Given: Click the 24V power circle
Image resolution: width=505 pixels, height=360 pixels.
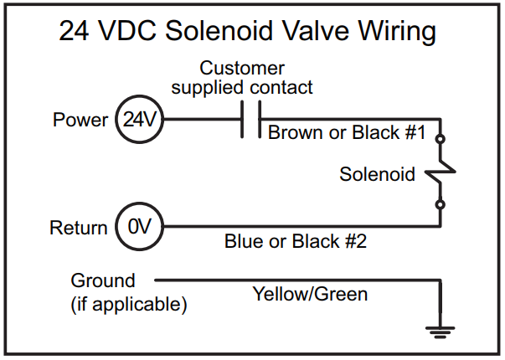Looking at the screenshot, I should pyautogui.click(x=139, y=120).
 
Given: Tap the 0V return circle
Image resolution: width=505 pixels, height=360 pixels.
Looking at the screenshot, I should pyautogui.click(x=139, y=227).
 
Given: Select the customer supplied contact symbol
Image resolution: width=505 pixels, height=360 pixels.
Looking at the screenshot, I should pyautogui.click(x=250, y=120).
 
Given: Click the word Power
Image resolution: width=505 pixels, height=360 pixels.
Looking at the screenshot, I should pyautogui.click(x=80, y=120).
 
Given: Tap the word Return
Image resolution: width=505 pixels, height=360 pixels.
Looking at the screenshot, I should pyautogui.click(x=79, y=228).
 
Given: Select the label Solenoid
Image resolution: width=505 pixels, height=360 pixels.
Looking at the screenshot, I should pyautogui.click(x=377, y=175).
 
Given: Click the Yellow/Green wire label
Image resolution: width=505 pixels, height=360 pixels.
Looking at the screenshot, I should pyautogui.click(x=311, y=294).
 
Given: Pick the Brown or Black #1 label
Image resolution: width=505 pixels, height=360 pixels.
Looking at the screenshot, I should pyautogui.click(x=348, y=132).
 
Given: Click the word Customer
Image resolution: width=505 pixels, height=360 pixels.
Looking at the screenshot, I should pyautogui.click(x=242, y=68).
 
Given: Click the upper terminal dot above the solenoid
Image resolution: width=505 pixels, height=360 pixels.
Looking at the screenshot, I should pyautogui.click(x=441, y=141).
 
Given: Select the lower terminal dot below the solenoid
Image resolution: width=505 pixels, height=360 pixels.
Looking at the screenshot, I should pyautogui.click(x=441, y=203).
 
